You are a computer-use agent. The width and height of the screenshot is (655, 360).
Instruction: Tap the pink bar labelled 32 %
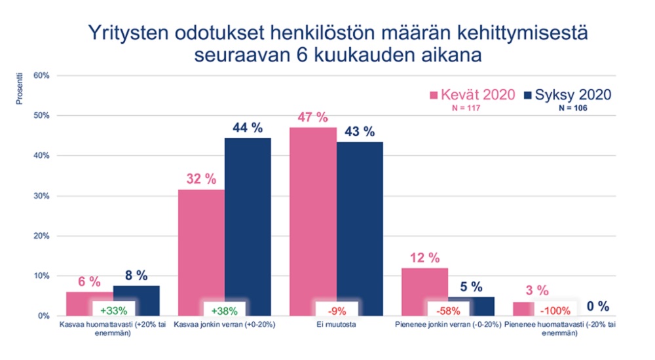click(201, 242)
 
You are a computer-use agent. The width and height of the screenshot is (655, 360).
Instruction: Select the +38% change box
click(225, 309)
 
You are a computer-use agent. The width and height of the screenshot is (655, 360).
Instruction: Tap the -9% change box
click(336, 309)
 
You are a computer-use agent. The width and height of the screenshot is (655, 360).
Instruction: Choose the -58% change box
click(447, 309)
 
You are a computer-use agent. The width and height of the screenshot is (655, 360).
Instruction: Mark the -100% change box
click(558, 309)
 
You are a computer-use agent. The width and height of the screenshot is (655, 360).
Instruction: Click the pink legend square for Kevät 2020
click(433, 96)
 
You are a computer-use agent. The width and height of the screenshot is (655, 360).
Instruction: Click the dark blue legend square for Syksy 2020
click(529, 96)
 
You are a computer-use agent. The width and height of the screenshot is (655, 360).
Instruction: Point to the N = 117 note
click(467, 109)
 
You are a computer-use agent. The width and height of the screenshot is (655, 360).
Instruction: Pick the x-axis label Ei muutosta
click(336, 325)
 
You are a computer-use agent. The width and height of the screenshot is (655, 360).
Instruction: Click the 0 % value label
click(597, 306)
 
